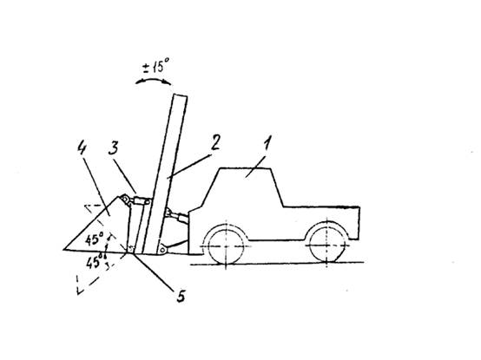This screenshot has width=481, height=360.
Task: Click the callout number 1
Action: [267, 143]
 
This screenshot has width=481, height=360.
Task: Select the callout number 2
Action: [216, 143]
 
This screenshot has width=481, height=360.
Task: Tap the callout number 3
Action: [113, 148]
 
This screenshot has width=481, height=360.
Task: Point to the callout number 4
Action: [82, 147]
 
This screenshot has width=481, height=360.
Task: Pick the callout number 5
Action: [181, 296]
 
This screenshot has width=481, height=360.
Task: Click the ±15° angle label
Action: [156, 66]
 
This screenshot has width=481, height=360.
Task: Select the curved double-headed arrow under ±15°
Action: [153, 80]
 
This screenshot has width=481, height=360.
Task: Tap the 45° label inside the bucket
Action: [94, 239]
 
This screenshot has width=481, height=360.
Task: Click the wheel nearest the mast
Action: [226, 245]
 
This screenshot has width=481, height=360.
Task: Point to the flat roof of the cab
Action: [246, 168]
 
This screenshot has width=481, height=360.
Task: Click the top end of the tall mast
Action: [180, 95]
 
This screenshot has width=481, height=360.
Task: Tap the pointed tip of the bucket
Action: [63, 249]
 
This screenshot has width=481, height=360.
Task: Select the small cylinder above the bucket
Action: [141, 201]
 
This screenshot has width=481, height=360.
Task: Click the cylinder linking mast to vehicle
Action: [176, 215]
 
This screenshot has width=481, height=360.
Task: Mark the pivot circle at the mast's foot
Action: [161, 250]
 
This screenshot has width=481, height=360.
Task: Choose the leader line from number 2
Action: [189, 166]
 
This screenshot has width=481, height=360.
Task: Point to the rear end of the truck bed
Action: [359, 223]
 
